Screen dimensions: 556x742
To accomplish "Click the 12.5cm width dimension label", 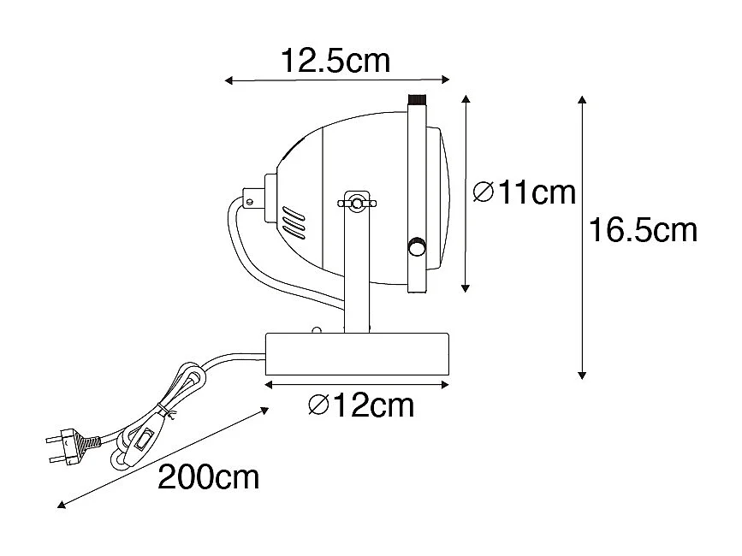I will (335, 61).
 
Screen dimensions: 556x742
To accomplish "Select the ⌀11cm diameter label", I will (524, 193).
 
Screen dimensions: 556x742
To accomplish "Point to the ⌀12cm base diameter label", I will (360, 405).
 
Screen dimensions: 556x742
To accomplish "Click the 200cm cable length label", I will (208, 477).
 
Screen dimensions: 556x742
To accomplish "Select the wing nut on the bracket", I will (355, 203).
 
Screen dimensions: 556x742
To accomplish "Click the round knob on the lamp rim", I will (417, 246).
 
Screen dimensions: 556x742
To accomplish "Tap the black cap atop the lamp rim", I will (418, 99).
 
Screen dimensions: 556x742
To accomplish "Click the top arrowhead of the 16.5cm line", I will (583, 100).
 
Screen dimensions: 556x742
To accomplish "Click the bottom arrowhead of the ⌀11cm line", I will (466, 288).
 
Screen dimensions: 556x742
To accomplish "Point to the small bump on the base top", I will (316, 330).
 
